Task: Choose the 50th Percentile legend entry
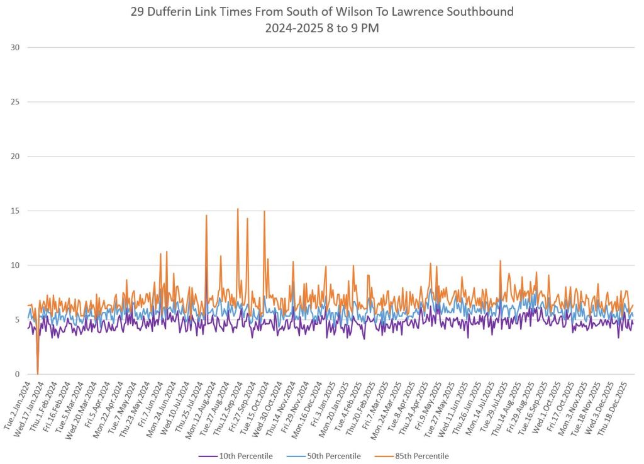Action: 333,456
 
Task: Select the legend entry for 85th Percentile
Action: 421,456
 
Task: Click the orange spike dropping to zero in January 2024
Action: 38,371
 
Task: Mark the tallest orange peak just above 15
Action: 238,209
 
